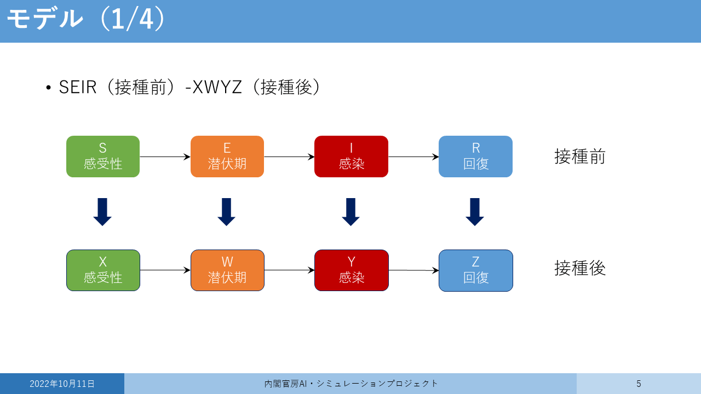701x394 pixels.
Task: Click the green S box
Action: coord(103,157)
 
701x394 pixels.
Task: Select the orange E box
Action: coord(227,157)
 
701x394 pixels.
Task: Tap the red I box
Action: coord(351,157)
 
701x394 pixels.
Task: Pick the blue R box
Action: coord(475,157)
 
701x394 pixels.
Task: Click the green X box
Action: coord(103,270)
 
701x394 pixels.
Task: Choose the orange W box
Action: coord(227,270)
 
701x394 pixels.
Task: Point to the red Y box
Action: coord(352,270)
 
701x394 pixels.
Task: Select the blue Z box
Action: coord(476,270)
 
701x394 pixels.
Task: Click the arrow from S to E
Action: coord(165,157)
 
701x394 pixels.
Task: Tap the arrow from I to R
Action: coord(413,157)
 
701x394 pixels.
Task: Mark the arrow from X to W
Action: coord(165,270)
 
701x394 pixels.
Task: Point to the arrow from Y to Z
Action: coord(413,270)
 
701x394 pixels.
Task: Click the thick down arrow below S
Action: coord(102,212)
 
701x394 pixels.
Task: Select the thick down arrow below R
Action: coord(475,212)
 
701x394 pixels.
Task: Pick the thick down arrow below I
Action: coord(350,212)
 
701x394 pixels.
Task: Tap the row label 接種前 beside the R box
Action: coord(580,157)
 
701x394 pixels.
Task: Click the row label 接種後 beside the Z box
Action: coord(580,268)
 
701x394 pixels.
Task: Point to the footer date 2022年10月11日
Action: coord(62,384)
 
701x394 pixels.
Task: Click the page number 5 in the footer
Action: coord(639,384)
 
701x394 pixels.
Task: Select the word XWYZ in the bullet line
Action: coord(217,87)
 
